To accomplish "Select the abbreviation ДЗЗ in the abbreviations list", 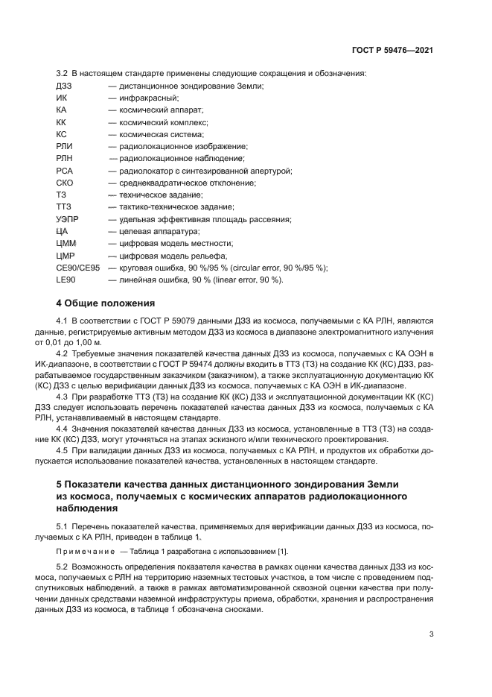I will [64, 86].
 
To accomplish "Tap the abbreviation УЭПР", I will [68, 219].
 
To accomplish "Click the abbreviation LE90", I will [66, 280].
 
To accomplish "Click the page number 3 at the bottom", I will [431, 634].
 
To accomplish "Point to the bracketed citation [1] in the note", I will [282, 551].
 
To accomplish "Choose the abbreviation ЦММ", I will [66, 243].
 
